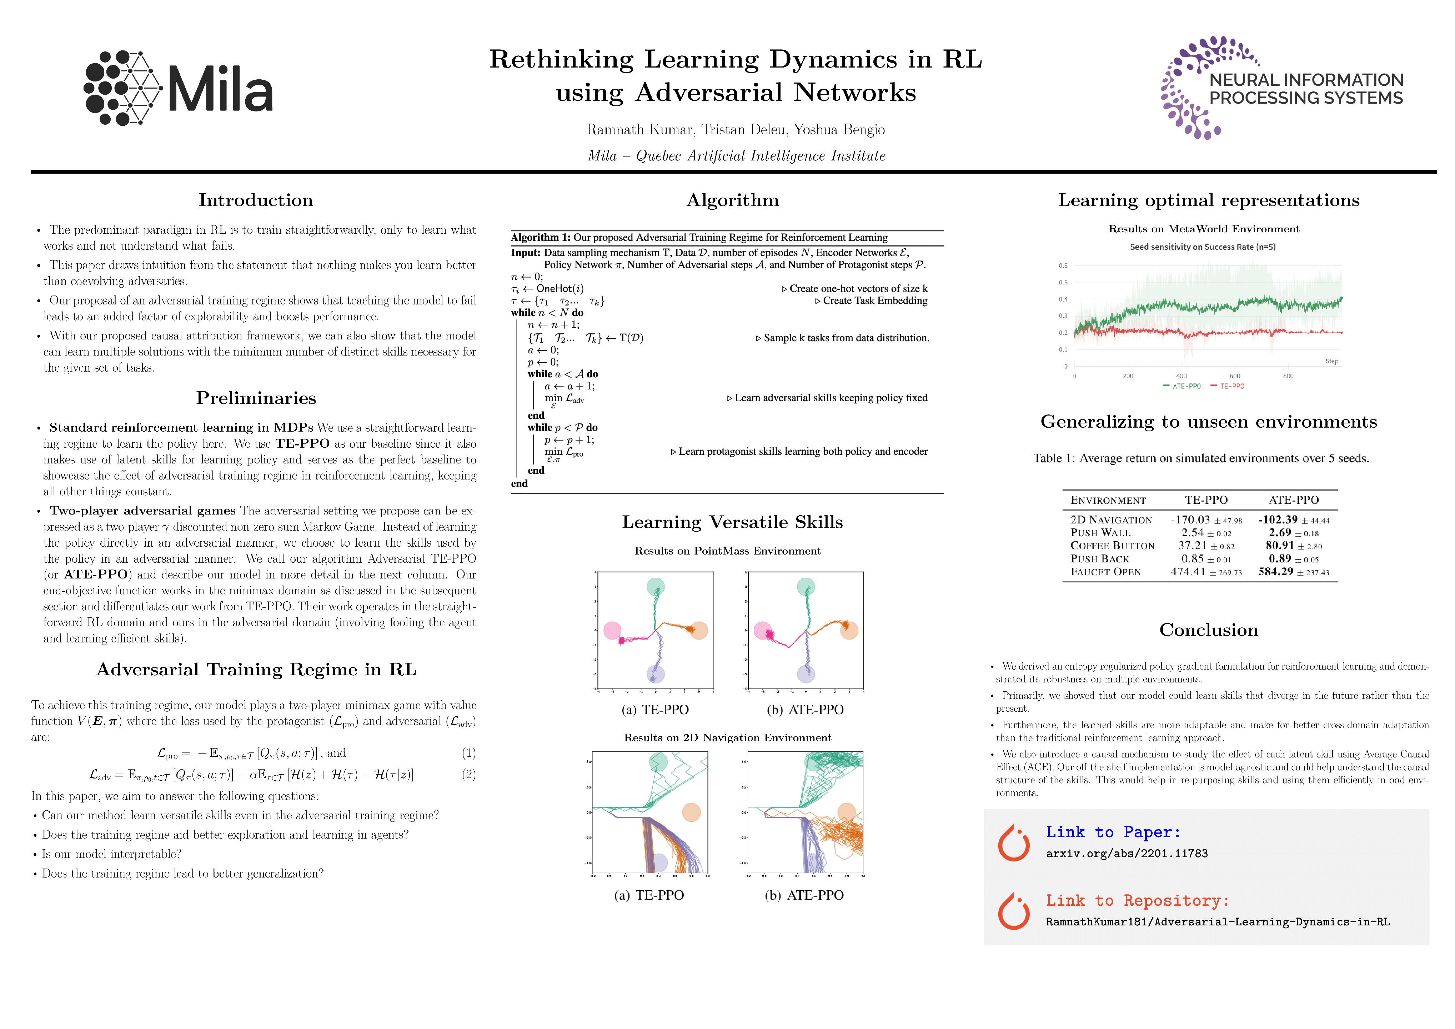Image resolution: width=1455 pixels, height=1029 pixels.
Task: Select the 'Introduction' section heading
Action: [255, 200]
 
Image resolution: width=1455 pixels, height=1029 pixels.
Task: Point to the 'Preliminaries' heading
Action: [255, 398]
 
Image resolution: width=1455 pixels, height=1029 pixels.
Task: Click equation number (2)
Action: [468, 774]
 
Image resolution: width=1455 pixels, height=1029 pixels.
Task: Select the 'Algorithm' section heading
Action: [733, 200]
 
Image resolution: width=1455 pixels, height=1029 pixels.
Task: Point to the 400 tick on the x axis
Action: [1181, 376]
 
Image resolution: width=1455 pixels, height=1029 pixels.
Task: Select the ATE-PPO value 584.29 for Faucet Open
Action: [1276, 572]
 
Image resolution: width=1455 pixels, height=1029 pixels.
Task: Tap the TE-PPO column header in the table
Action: [1206, 500]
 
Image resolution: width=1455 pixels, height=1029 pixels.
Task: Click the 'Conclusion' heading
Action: [1209, 630]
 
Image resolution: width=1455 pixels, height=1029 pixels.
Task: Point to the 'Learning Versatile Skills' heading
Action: [733, 522]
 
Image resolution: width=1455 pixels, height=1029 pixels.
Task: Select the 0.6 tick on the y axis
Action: [1063, 266]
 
